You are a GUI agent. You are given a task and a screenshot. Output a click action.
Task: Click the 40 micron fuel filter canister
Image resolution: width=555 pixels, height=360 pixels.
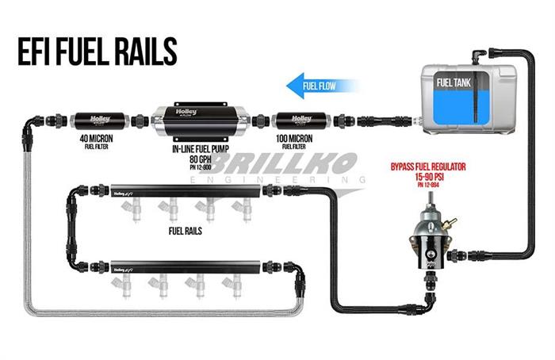pos(100,120)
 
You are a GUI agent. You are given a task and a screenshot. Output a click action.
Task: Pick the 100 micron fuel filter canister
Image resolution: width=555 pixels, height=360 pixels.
pos(294,121)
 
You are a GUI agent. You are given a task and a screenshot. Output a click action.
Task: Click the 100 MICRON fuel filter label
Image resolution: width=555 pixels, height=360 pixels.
pos(294,140)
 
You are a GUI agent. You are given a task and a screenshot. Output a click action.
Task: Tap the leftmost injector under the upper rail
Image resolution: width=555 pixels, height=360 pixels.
pos(133,210)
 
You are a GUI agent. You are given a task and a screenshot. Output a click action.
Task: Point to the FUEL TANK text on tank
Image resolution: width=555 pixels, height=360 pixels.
pos(455,82)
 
